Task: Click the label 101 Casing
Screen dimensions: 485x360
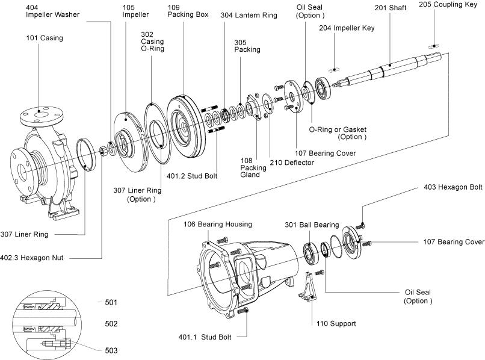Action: pyautogui.click(x=45, y=38)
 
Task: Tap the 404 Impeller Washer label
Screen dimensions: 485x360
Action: pyautogui.click(x=52, y=11)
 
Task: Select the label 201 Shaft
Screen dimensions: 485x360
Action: pyautogui.click(x=391, y=8)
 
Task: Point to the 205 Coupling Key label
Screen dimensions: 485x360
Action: pyautogui.click(x=448, y=5)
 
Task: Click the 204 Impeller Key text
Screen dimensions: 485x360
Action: pyautogui.click(x=347, y=28)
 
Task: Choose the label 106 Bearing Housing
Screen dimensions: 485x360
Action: pyautogui.click(x=218, y=224)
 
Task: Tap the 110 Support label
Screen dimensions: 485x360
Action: pyautogui.click(x=336, y=324)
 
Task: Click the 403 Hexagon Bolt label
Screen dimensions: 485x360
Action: pyautogui.click(x=453, y=187)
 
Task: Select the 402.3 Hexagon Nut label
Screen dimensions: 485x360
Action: pyautogui.click(x=31, y=258)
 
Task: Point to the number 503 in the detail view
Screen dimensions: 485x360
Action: pyautogui.click(x=111, y=350)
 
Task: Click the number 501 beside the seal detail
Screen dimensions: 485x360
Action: pyautogui.click(x=111, y=302)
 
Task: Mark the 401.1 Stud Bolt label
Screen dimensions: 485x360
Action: pyautogui.click(x=205, y=337)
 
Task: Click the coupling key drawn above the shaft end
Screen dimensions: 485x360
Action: pyautogui.click(x=434, y=46)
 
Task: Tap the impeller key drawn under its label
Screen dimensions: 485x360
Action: pyautogui.click(x=335, y=70)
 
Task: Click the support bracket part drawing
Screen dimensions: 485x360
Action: pyautogui.click(x=307, y=287)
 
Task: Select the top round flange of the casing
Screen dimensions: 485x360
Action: pyautogui.click(x=42, y=116)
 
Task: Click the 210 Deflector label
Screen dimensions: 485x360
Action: pyautogui.click(x=292, y=163)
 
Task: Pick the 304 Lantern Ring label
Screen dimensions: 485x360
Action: pyautogui.click(x=249, y=16)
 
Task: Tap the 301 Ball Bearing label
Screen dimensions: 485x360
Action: pyautogui.click(x=312, y=225)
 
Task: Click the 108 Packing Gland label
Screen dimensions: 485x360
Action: pyautogui.click(x=253, y=168)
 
